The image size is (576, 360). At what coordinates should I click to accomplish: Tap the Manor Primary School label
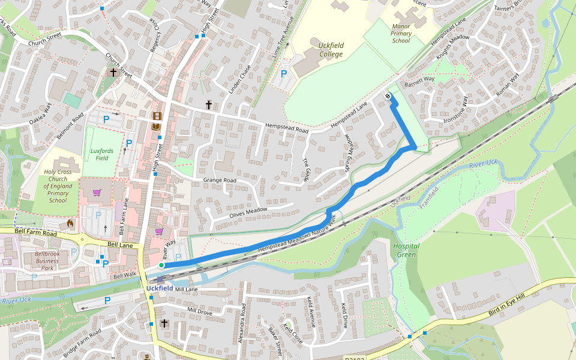pyautogui.click(x=401, y=34)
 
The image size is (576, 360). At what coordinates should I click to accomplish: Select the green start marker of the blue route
pyautogui.click(x=161, y=265)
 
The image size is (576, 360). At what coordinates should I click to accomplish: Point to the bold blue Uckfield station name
pyautogui.click(x=160, y=289)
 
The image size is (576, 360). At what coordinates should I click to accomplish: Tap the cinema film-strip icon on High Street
pyautogui.click(x=157, y=116)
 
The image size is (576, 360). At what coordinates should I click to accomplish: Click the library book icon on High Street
pyautogui.click(x=157, y=127)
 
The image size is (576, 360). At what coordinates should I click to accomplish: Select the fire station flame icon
pyautogui.click(x=70, y=224)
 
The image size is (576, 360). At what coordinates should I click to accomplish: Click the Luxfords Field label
pyautogui.click(x=100, y=154)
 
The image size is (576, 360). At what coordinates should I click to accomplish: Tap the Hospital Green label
pyautogui.click(x=406, y=250)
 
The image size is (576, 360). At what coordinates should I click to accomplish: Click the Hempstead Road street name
pyautogui.click(x=286, y=128)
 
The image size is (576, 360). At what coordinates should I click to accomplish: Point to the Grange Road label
pyautogui.click(x=220, y=180)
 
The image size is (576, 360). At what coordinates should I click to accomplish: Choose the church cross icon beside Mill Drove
pyautogui.click(x=164, y=323)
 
